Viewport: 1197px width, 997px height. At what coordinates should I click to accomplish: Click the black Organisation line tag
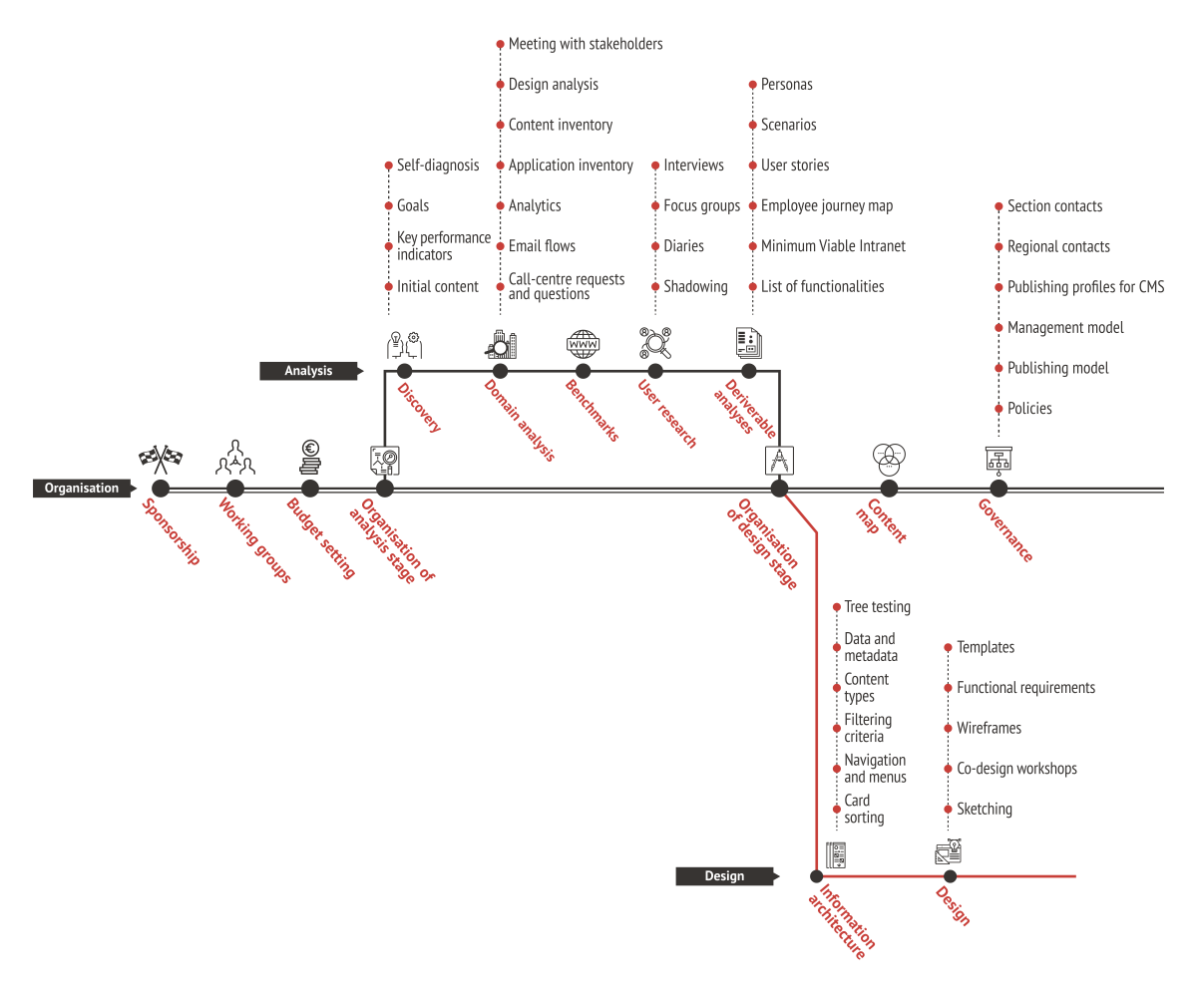pyautogui.click(x=82, y=489)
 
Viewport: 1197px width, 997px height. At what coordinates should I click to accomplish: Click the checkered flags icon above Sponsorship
pyautogui.click(x=161, y=457)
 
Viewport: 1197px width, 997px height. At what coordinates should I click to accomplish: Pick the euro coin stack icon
pyautogui.click(x=310, y=458)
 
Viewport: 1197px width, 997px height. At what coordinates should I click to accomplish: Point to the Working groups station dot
pyautogui.click(x=235, y=489)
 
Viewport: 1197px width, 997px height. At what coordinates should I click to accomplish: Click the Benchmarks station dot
pyautogui.click(x=584, y=372)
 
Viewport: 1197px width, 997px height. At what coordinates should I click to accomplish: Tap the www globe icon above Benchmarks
pyautogui.click(x=584, y=344)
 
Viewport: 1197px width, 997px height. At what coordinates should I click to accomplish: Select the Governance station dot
pyautogui.click(x=998, y=489)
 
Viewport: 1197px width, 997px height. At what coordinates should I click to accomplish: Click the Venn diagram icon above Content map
pyautogui.click(x=889, y=458)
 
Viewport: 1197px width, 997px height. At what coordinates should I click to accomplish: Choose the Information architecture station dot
pyautogui.click(x=817, y=876)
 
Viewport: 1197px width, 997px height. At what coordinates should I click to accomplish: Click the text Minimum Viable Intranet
pyautogui.click(x=833, y=246)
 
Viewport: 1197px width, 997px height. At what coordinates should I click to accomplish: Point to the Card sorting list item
pyautogui.click(x=864, y=809)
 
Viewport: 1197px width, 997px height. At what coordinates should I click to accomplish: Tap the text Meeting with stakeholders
pyautogui.click(x=586, y=44)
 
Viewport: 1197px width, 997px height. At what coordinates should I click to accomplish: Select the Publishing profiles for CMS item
pyautogui.click(x=1085, y=287)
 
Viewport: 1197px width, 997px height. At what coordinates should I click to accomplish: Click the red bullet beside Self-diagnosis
pyautogui.click(x=388, y=166)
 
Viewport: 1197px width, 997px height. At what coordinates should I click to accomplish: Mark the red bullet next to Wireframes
pyautogui.click(x=948, y=729)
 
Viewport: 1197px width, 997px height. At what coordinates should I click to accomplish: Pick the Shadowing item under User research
pyautogui.click(x=695, y=287)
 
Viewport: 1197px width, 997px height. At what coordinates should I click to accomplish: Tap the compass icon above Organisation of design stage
pyautogui.click(x=780, y=461)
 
